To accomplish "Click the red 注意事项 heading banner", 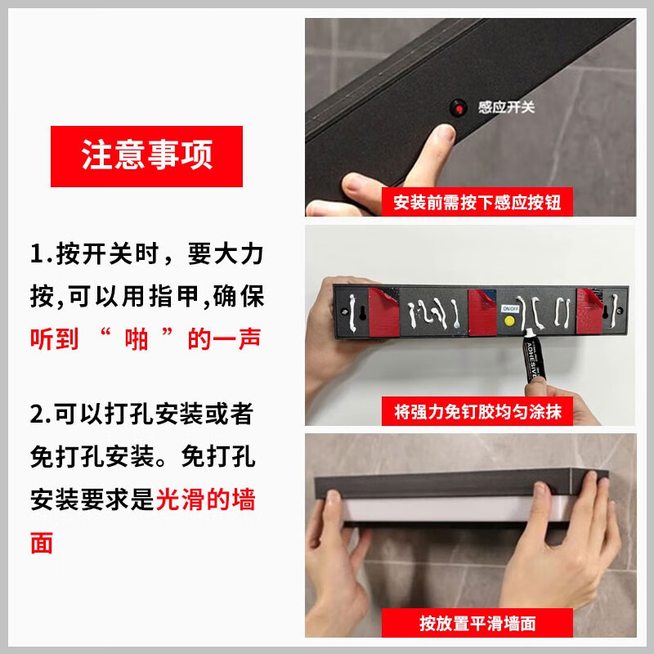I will (147, 156).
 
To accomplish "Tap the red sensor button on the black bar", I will (459, 107).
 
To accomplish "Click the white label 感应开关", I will (506, 107).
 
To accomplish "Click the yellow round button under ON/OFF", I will (509, 322).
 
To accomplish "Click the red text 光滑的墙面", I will (206, 499).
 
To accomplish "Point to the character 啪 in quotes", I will (139, 338).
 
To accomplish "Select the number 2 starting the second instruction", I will (38, 414).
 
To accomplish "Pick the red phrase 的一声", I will (223, 338).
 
